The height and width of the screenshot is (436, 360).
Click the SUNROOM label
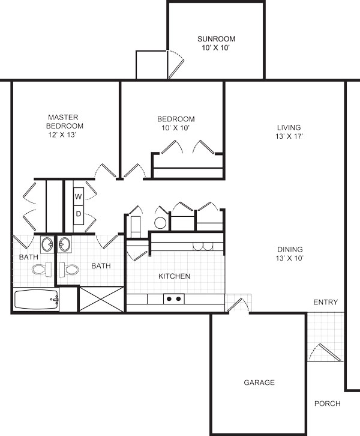[x=216, y=38]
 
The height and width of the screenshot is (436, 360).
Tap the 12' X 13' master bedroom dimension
[x=62, y=135]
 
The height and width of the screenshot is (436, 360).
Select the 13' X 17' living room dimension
[x=289, y=136]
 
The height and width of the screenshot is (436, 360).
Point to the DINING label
[x=290, y=249]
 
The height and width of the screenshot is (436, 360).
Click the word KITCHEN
[x=174, y=276]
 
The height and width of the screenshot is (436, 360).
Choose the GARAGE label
[x=259, y=383]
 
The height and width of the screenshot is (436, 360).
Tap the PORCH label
[x=327, y=404]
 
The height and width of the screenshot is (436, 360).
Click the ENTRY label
[x=326, y=302]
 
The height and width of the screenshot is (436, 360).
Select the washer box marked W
[x=79, y=196]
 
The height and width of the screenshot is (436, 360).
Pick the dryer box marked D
[x=79, y=214]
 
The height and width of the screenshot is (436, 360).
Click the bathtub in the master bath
[x=36, y=300]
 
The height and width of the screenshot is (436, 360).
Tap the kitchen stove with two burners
[x=174, y=299]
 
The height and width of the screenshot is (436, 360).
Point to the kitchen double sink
[x=203, y=246]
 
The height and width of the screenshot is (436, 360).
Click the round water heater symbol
[x=160, y=223]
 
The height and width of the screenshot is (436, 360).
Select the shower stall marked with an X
[x=101, y=299]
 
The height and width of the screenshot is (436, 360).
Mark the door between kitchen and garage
[x=238, y=304]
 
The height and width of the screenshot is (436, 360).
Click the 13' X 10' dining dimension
[x=289, y=258]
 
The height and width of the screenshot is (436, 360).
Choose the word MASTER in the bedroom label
[x=63, y=117]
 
